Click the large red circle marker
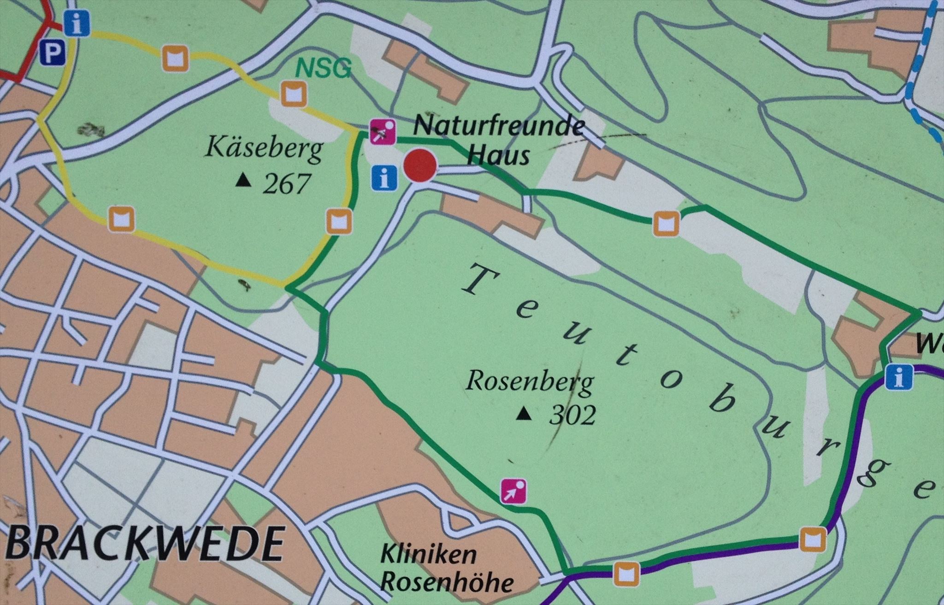420,166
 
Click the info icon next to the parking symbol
77,24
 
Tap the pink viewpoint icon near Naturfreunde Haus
383,132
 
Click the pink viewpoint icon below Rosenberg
514,491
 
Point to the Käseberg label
264,149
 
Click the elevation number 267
286,184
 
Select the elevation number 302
572,415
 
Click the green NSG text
323,69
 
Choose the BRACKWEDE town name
145,544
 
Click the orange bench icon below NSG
294,95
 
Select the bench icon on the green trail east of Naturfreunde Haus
666,224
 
